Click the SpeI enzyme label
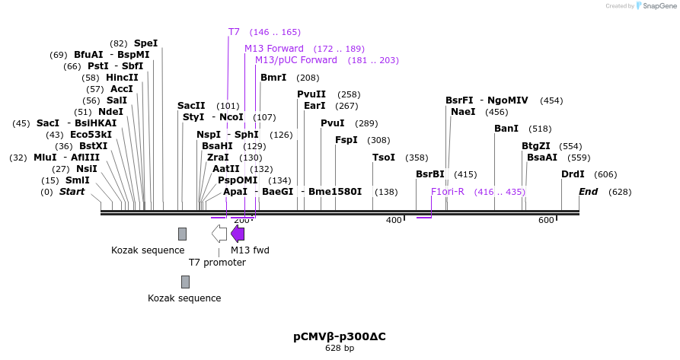145,43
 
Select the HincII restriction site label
122,78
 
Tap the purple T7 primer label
234,32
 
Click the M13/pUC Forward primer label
295,60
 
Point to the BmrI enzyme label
273,78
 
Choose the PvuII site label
311,94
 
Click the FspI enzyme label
346,140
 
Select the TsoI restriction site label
383,158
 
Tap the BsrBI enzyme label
430,174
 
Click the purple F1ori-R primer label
448,192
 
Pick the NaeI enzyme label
463,112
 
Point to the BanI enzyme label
506,129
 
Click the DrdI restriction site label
573,174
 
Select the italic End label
588,192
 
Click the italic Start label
72,192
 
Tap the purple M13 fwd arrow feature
238,234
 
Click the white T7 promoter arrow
219,234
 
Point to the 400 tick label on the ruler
394,220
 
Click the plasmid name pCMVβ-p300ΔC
340,336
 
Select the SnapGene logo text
659,5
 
